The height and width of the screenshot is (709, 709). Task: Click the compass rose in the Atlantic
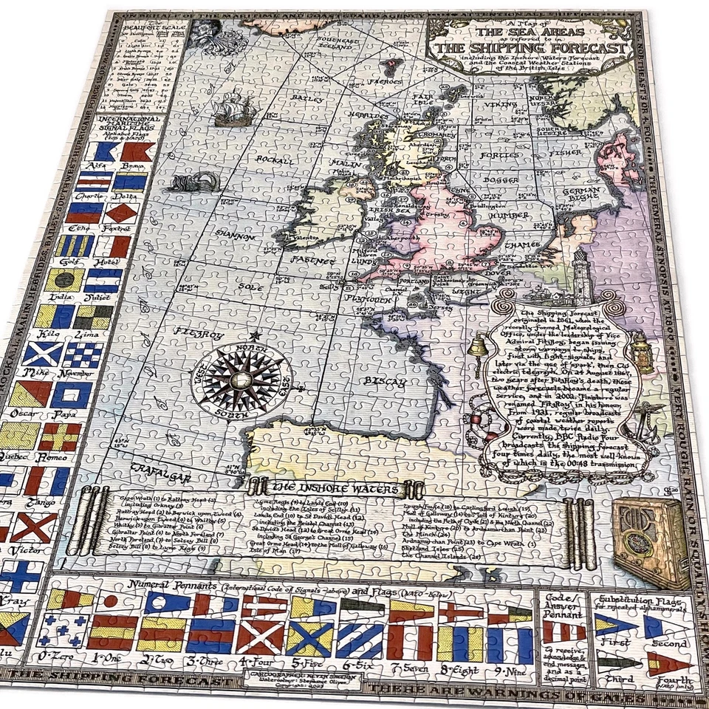pos(236,376)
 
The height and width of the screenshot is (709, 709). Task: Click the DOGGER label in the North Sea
pos(502,179)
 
